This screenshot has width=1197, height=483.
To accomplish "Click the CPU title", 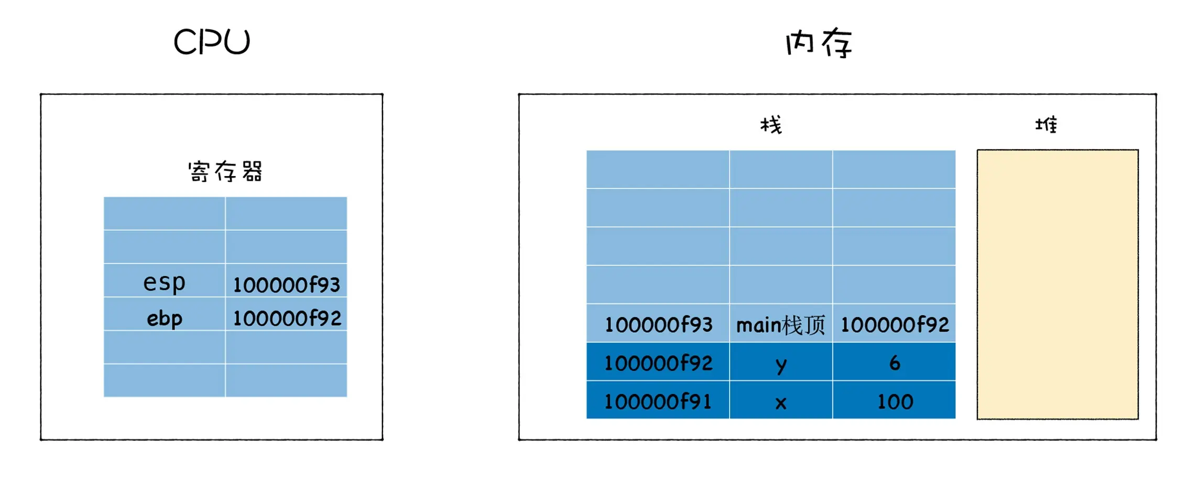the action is [212, 42].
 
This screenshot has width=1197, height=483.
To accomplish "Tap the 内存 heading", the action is [819, 43].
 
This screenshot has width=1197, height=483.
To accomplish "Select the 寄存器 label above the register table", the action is [225, 171].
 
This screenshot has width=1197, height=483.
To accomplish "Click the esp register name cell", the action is [164, 282].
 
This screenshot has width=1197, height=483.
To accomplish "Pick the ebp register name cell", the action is [164, 318].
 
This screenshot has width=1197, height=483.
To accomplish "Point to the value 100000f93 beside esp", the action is [286, 284].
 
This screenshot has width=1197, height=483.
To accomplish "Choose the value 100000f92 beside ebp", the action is [287, 318].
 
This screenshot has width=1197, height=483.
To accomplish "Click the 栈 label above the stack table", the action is [771, 125].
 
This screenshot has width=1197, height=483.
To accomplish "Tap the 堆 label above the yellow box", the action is [1046, 125].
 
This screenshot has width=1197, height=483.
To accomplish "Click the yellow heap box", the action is [1057, 284].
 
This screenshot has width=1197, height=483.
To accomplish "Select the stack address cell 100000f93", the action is [658, 325].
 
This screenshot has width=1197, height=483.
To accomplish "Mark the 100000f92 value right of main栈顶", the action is [895, 325].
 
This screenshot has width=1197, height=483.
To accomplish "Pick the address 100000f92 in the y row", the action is [658, 363].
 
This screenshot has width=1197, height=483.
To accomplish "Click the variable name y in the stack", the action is [781, 364].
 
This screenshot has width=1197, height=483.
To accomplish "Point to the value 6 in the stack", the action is [895, 363].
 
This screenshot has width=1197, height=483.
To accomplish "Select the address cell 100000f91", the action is [658, 402].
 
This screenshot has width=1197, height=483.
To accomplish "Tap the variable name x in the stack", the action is [781, 403].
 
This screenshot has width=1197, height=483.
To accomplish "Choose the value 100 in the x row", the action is [895, 402].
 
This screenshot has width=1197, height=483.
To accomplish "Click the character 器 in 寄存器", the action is [252, 171].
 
